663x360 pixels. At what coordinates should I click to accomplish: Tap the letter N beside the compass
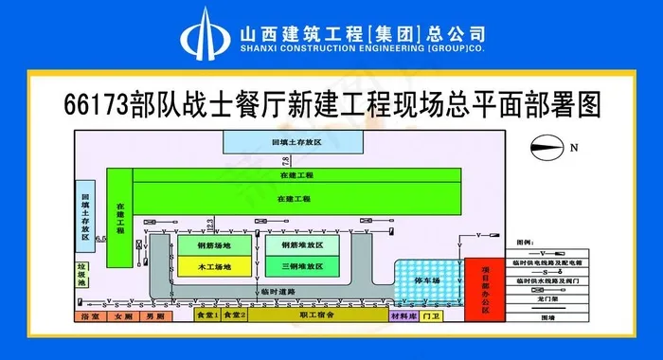click(574, 146)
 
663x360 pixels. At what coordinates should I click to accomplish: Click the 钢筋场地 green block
click(214, 244)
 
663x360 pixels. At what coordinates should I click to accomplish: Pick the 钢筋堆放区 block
click(303, 244)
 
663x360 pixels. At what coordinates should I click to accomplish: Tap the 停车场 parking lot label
click(427, 280)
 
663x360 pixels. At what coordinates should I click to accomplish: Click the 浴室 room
click(90, 315)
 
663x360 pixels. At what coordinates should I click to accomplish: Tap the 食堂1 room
click(206, 314)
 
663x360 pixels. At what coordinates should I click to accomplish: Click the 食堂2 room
click(234, 314)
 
